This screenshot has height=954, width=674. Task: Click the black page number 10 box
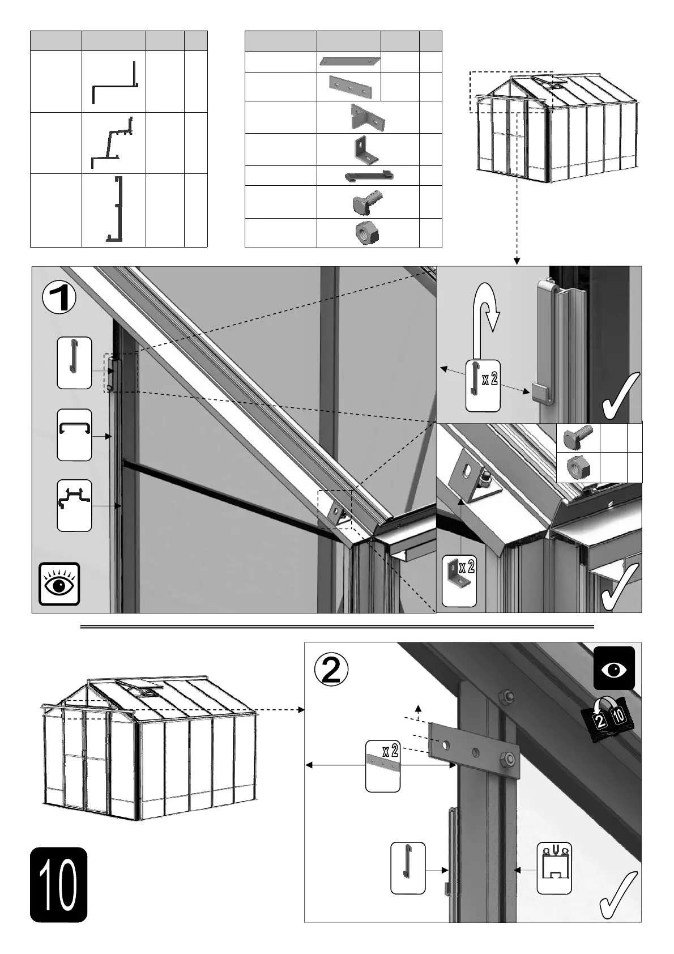tap(58, 884)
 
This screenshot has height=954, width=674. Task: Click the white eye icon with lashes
tap(59, 584)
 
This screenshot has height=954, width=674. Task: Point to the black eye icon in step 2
tap(614, 668)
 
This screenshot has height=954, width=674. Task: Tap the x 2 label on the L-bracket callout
tap(466, 567)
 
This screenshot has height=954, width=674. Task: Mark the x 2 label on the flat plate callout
tap(390, 752)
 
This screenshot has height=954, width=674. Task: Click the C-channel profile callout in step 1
tap(74, 435)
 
